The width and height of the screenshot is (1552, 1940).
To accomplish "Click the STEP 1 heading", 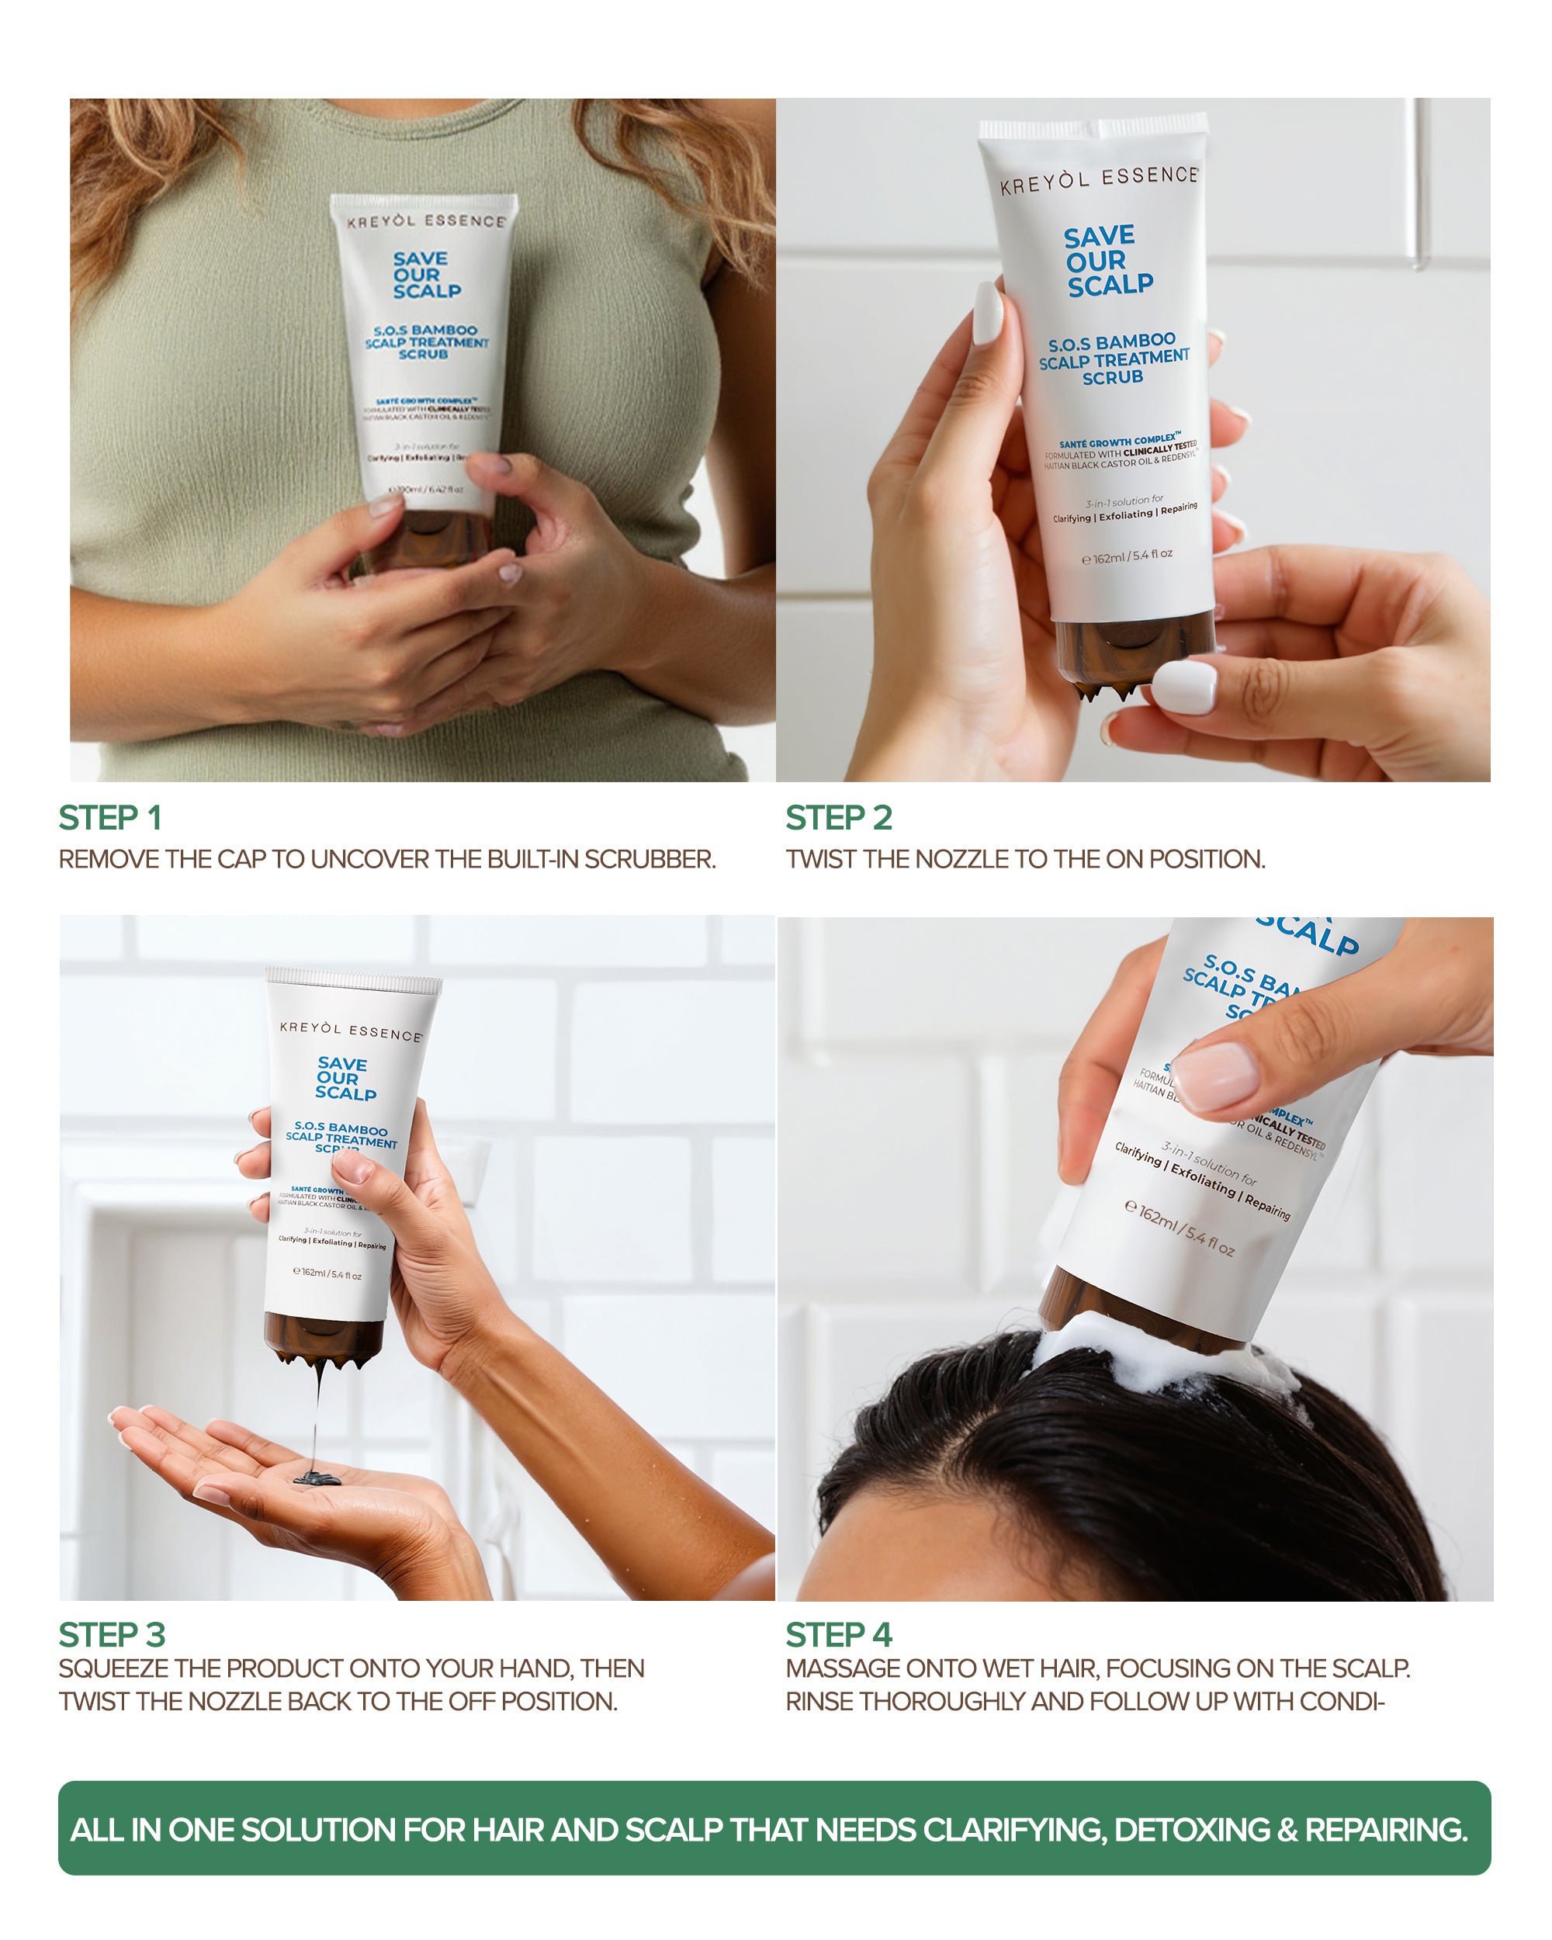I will pyautogui.click(x=109, y=818).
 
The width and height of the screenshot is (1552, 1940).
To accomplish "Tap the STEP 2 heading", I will pyautogui.click(x=839, y=818).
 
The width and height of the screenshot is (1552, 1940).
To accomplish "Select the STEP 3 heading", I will pyautogui.click(x=112, y=1634).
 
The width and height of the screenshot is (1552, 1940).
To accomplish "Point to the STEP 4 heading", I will pyautogui.click(x=839, y=1634).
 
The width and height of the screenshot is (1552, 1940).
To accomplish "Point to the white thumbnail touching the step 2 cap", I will pyautogui.click(x=1184, y=687).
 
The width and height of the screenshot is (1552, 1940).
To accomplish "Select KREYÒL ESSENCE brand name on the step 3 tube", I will pyautogui.click(x=351, y=1031).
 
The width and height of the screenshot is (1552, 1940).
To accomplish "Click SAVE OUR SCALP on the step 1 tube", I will pyautogui.click(x=425, y=275).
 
